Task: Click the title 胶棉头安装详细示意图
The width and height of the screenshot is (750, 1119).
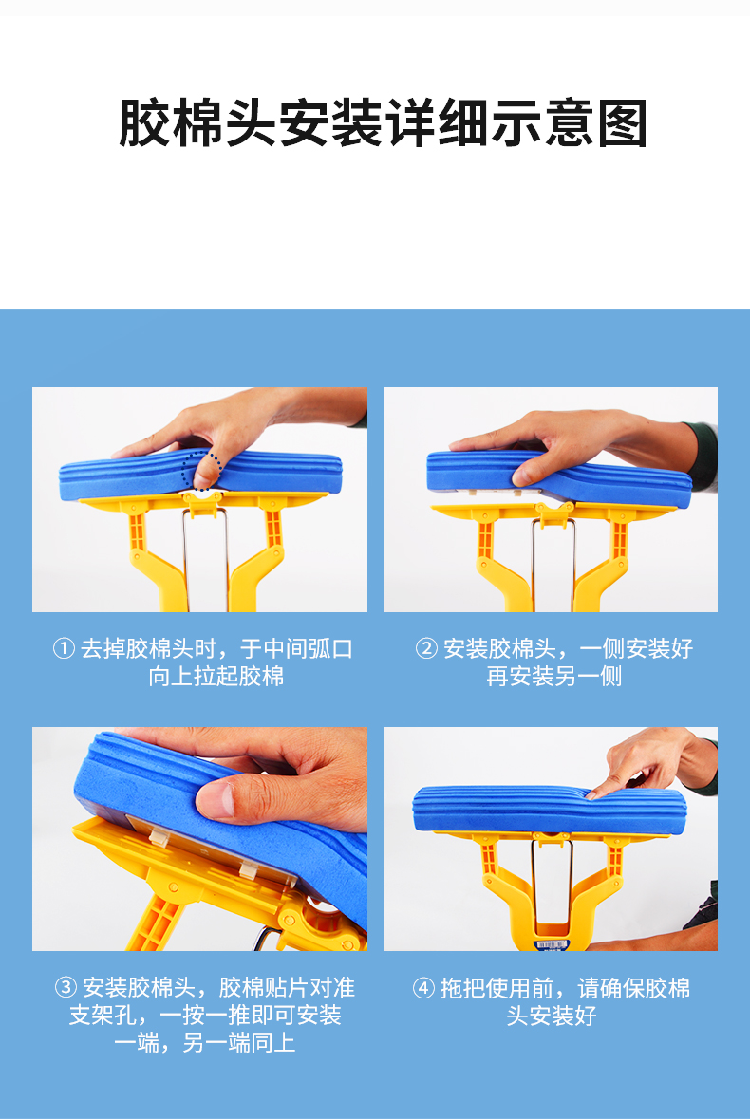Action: coord(383,123)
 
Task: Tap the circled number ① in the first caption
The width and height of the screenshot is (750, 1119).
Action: coord(64,648)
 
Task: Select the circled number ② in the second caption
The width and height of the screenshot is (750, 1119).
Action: coord(426,648)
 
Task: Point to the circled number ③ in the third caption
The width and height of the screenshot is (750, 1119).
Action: coord(66,988)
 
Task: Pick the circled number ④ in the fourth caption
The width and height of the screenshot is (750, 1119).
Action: coord(423,988)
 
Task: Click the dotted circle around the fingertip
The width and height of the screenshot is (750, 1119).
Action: coord(202,471)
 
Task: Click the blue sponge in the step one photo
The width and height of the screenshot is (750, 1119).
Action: coord(200,474)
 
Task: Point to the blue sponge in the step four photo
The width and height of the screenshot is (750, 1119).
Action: coord(550,809)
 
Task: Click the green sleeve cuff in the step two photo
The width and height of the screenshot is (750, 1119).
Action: coord(703,456)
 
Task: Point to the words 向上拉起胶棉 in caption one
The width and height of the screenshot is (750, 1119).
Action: coord(216,676)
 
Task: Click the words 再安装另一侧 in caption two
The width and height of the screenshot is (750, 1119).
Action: coord(554,676)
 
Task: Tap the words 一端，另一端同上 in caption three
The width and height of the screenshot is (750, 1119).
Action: coord(205,1043)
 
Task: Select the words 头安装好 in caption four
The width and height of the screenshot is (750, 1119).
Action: coord(551,1016)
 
